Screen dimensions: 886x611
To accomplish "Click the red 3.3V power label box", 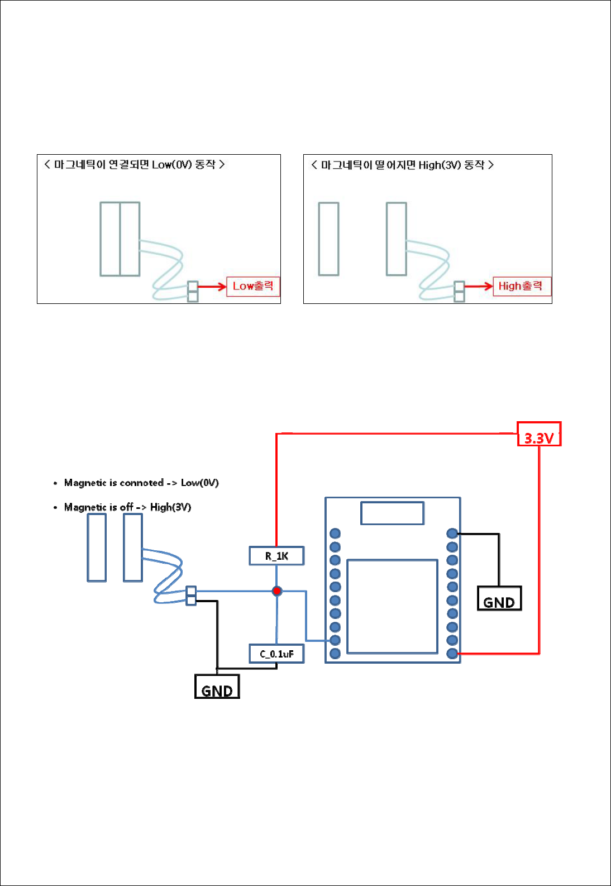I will pos(538,435).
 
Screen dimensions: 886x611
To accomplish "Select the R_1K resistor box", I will pos(276,556).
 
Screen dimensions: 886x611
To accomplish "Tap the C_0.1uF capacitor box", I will pos(276,654).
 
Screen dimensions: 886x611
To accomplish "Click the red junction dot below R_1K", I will pos(276,590).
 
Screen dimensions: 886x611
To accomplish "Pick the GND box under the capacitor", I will pos(217,687).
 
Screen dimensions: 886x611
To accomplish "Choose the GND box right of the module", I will pos(499,598).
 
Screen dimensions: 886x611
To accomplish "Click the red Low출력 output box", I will pos(252,286).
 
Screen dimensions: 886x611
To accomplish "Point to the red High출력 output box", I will pos(521,286).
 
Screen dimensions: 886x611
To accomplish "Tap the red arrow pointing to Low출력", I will pos(212,287).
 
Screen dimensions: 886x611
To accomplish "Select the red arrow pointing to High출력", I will pos(479,287).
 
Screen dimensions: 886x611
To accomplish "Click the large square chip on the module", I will pos(392,606).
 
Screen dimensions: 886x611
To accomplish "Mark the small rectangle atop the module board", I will pos(392,513).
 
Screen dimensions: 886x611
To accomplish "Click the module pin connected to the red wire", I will pos(452,653).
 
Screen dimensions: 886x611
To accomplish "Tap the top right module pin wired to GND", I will pos(452,533).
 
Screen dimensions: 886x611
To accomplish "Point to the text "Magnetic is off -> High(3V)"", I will pos(127,507).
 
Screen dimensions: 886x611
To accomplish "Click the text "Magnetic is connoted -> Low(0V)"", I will pos(141,483).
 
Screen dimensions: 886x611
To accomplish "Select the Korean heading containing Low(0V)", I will pos(135,164).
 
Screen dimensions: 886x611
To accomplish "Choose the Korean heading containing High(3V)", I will pos(402,165).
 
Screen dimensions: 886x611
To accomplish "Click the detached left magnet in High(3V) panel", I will pos(328,239).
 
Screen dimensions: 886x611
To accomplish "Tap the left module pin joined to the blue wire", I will pos(335,640).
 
